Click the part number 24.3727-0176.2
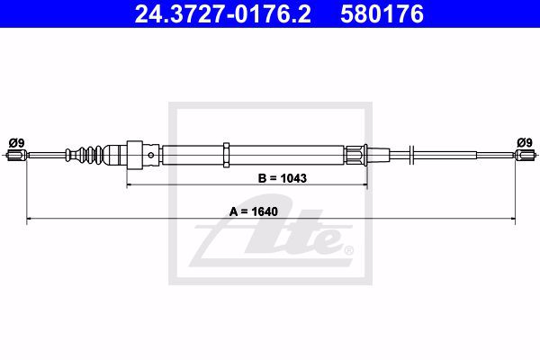click(x=223, y=14)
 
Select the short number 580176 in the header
click(x=382, y=14)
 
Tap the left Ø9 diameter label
click(x=16, y=142)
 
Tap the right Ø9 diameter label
click(x=525, y=142)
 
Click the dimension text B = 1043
click(x=282, y=178)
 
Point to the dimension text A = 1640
click(x=254, y=211)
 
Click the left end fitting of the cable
click(x=16, y=155)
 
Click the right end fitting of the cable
click(x=526, y=155)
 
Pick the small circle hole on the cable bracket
click(x=151, y=156)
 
